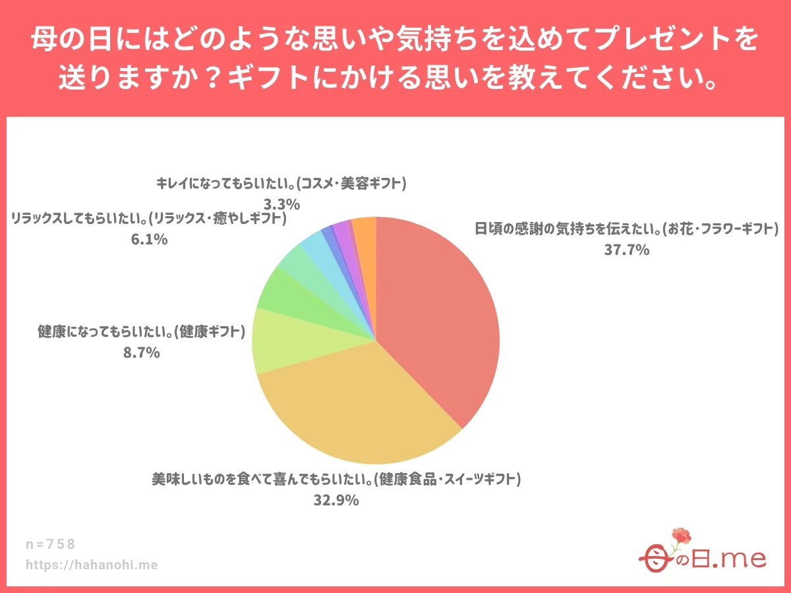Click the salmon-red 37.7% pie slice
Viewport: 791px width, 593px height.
click(442, 316)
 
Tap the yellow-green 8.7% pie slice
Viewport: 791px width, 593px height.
click(290, 343)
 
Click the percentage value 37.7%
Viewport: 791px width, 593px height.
click(627, 250)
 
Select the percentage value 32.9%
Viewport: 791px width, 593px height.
click(336, 500)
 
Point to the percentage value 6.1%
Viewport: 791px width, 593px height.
click(149, 239)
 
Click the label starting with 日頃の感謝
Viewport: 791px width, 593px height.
click(627, 229)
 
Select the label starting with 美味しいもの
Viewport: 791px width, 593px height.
click(336, 480)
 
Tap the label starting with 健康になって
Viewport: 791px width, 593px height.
click(142, 331)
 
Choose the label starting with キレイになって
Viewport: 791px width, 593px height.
click(281, 183)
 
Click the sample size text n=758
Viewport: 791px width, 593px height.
click(51, 544)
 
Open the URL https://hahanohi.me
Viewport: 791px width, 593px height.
click(92, 565)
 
